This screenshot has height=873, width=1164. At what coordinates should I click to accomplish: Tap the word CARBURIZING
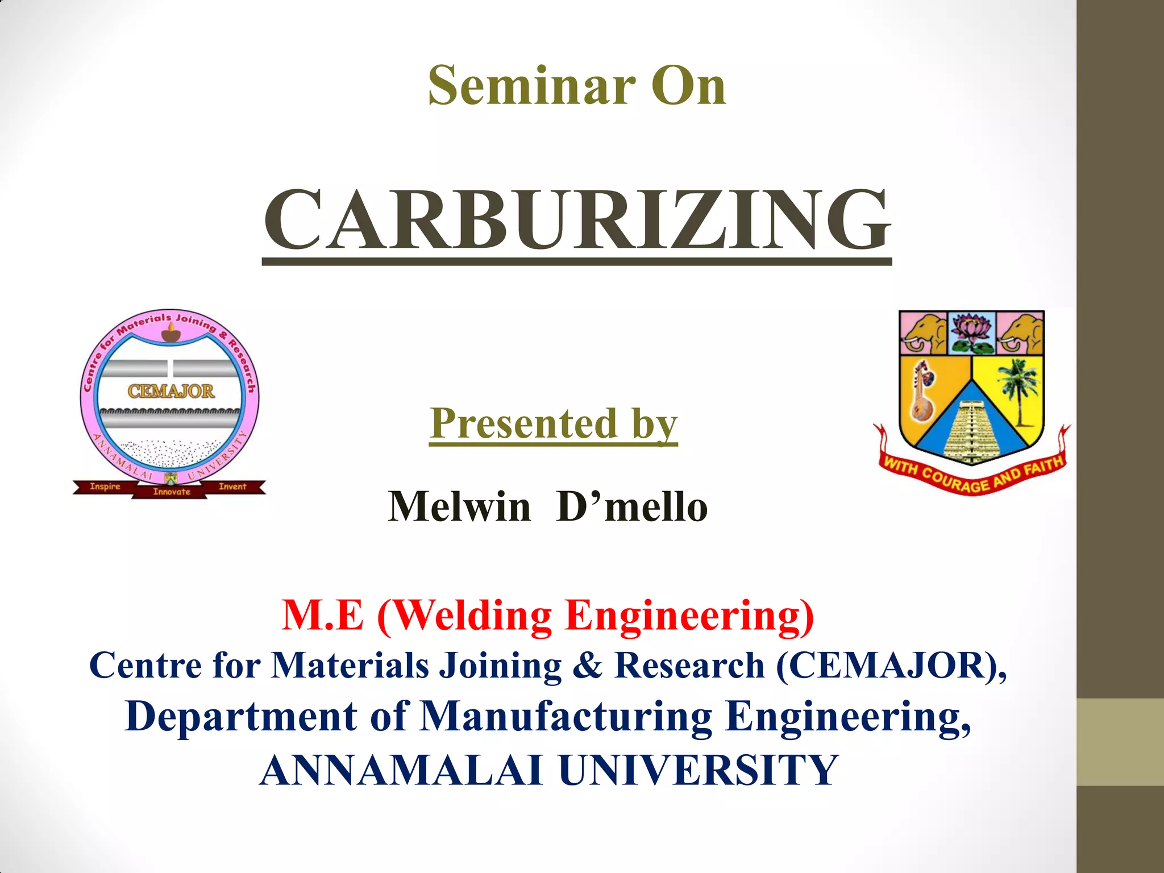577,221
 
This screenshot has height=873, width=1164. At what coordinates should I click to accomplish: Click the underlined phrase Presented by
554,424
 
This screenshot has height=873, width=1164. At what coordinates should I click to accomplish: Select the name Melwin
459,506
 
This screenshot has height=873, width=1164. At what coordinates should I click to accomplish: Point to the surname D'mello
632,506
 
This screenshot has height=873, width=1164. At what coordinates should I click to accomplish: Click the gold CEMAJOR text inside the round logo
171,391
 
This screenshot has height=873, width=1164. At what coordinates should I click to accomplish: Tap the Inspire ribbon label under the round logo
105,487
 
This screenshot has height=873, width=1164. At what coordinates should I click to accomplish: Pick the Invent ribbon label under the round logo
232,487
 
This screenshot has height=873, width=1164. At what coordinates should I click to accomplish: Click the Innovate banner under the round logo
171,492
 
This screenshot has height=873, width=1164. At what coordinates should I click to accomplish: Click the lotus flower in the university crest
971,332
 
